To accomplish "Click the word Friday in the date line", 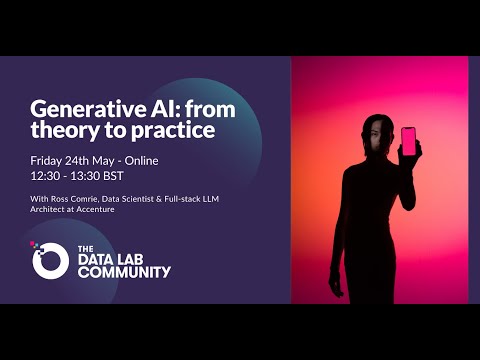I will (x=47, y=160).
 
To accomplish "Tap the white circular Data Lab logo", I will (x=50, y=260).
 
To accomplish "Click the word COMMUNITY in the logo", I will (x=124, y=271).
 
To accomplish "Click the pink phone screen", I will (x=408, y=140).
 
